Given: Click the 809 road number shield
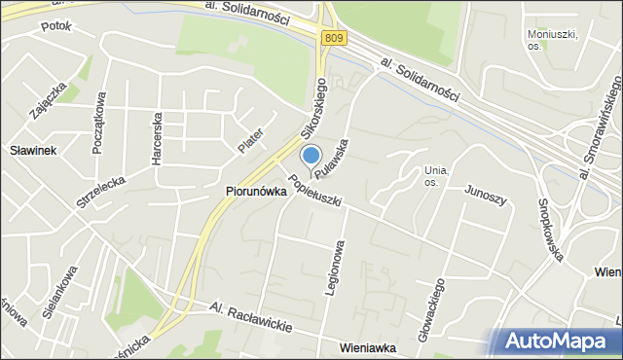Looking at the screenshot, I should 334,38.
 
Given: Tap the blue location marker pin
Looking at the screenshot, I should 311,157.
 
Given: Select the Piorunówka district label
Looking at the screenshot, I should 256,192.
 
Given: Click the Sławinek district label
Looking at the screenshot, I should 34,151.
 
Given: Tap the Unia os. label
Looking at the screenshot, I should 435,176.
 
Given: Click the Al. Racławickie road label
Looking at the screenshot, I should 251,316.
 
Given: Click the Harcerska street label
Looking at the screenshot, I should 156,142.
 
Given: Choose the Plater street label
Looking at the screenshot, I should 250,140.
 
